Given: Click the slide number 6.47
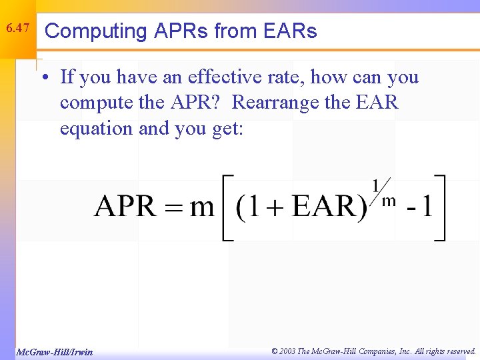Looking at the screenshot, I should click(17, 29).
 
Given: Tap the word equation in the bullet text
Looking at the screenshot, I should click(97, 127).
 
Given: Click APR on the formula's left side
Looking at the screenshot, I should click(125, 207).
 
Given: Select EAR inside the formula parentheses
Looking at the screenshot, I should click(325, 207).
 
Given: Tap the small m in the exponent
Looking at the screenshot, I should click(389, 199).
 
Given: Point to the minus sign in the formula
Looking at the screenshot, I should click(410, 209).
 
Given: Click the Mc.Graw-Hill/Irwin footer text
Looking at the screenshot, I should click(54, 351).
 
